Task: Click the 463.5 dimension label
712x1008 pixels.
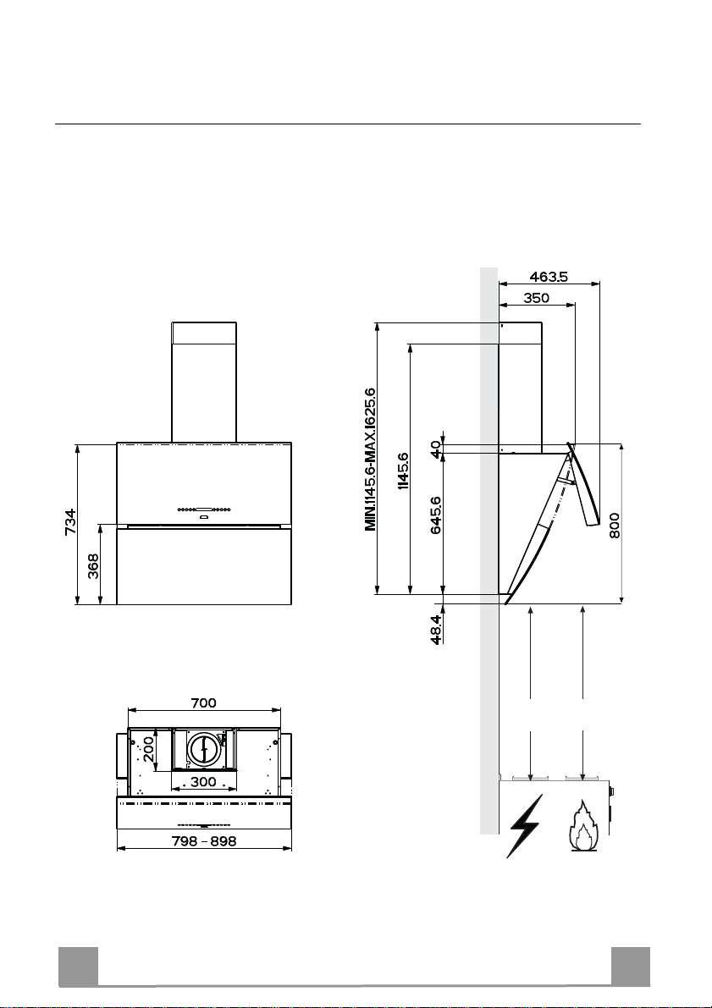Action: point(549,277)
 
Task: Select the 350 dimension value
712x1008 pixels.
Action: point(536,298)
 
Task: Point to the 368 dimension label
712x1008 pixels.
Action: point(94,566)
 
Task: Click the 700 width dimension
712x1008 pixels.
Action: point(203,702)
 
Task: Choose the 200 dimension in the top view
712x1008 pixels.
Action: point(149,750)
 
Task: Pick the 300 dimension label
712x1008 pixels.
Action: point(203,782)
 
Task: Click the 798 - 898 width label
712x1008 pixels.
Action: point(204,840)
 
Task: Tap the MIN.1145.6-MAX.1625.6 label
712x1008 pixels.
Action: point(370,459)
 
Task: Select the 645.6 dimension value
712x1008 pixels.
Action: point(435,515)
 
